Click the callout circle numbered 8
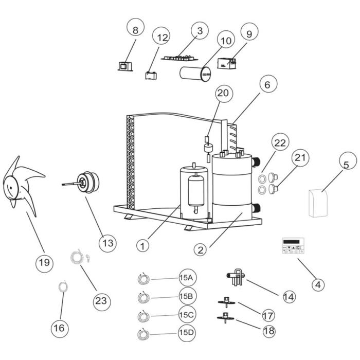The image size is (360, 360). (135, 30)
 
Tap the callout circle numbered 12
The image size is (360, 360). (163, 38)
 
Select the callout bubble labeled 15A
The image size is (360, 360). (186, 278)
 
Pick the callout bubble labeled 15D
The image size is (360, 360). (186, 333)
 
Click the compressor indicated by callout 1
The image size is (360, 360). (193, 191)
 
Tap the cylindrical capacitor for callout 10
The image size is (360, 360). (196, 73)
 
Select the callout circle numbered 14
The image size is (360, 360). (289, 296)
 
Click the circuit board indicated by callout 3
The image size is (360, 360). (177, 57)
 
